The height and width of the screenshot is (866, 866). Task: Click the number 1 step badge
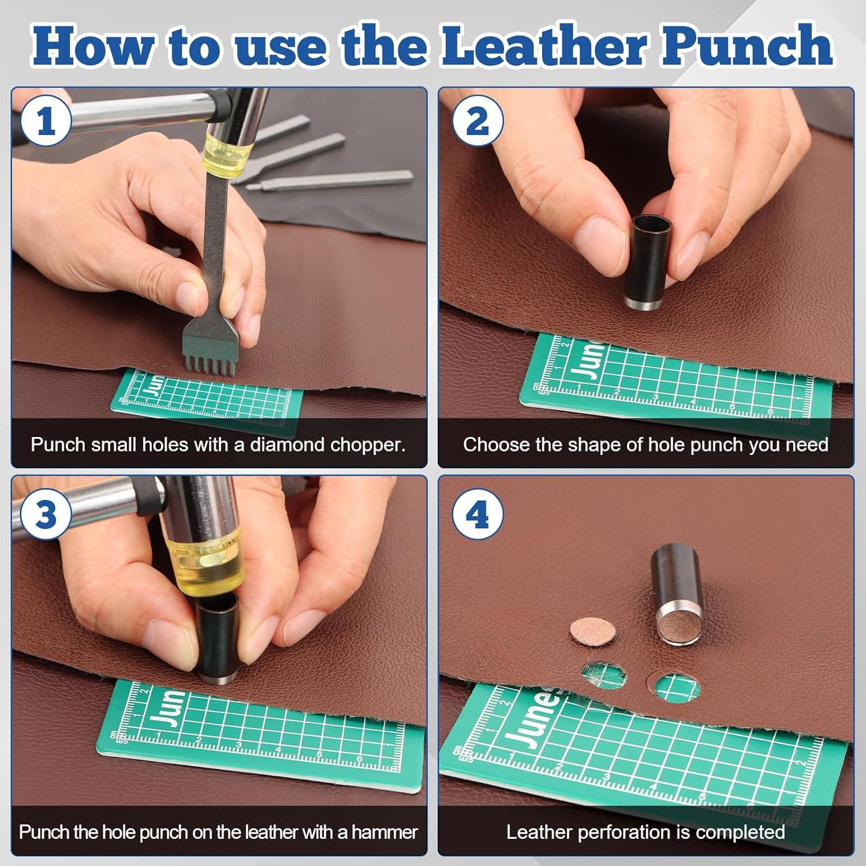point(47,123)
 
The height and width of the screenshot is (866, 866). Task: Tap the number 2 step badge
point(477,122)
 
